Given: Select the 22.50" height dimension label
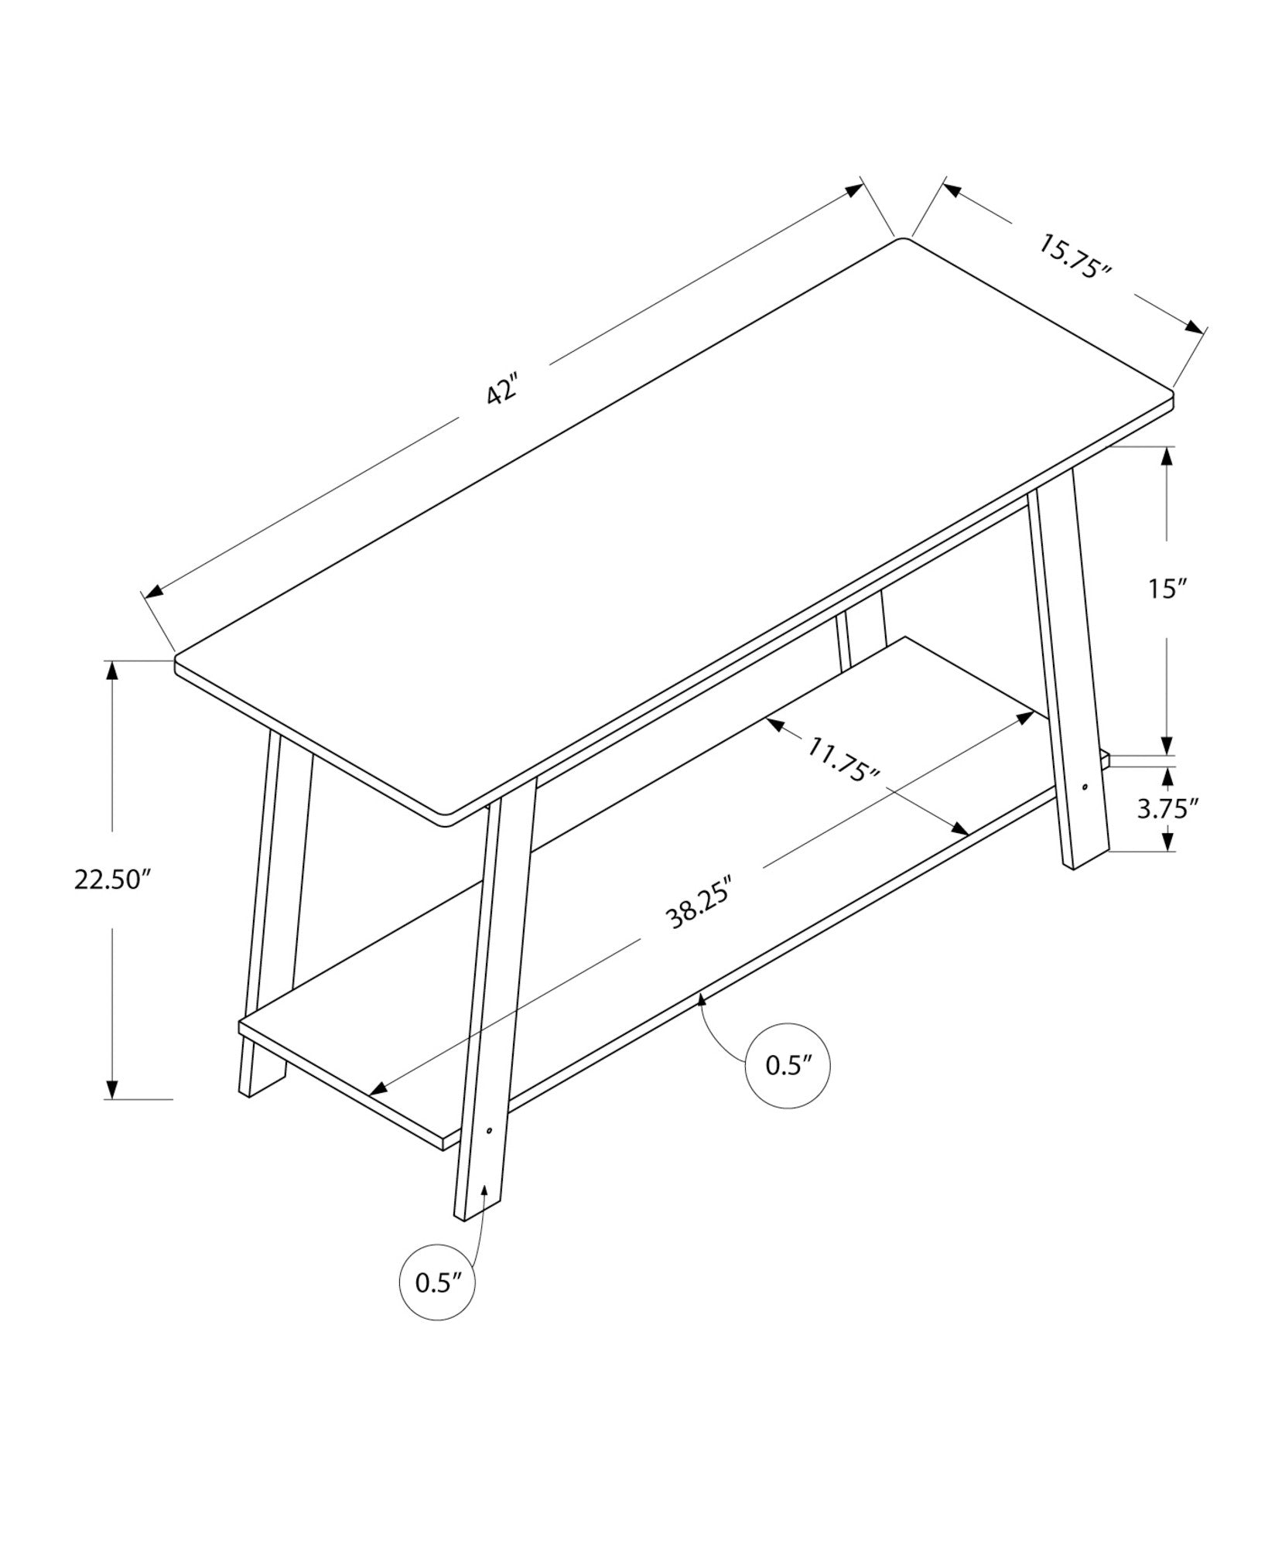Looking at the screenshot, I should click(111, 879).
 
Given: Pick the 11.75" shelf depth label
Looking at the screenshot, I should click(844, 760).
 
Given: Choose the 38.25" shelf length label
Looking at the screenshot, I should click(699, 904).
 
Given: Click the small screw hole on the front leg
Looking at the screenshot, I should click(489, 1131).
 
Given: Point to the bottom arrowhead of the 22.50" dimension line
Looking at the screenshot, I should click(114, 1089).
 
